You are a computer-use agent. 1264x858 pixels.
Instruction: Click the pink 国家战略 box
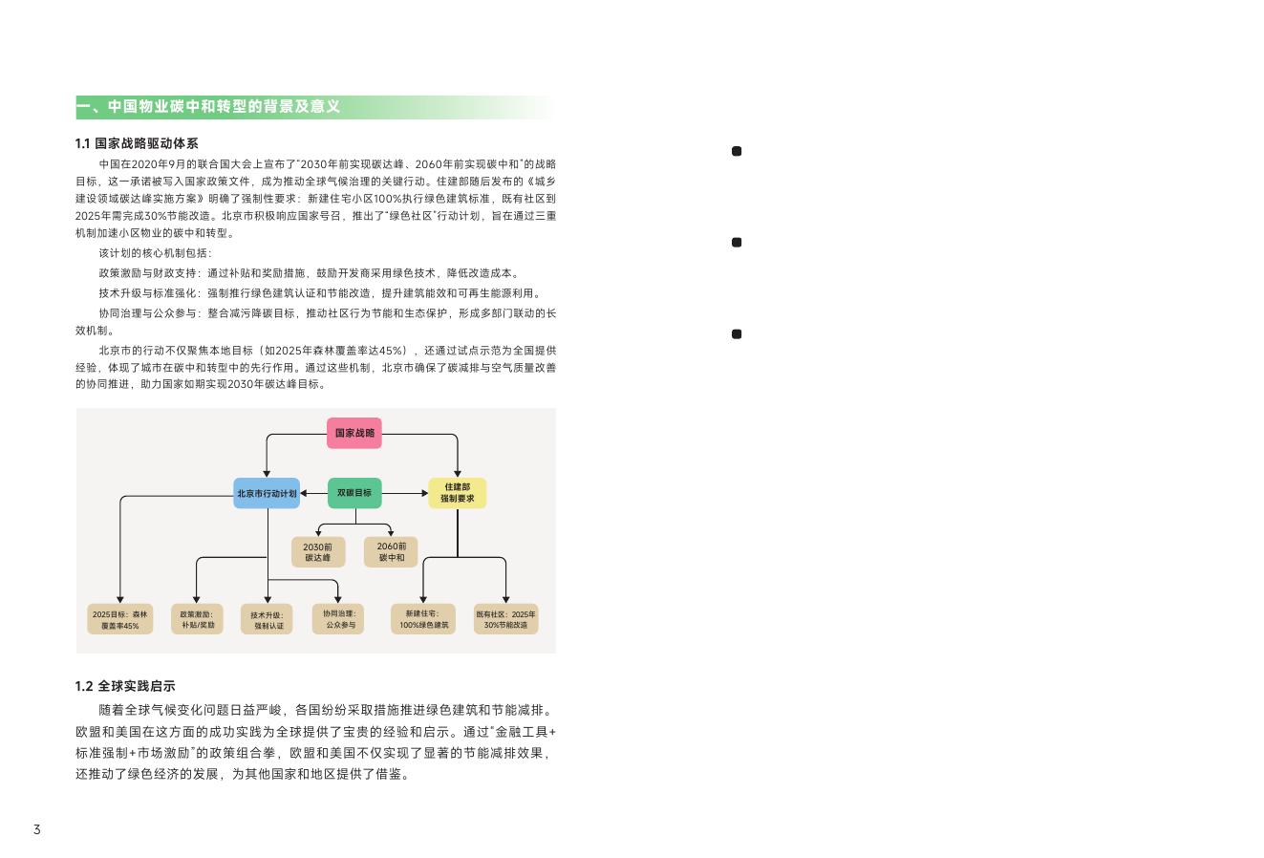click(353, 433)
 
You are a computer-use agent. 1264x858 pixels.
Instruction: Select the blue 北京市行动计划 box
click(267, 493)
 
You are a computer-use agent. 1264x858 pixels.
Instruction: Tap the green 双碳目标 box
click(354, 493)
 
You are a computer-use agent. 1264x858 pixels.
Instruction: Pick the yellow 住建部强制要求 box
click(457, 493)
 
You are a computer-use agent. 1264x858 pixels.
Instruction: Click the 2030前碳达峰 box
click(318, 551)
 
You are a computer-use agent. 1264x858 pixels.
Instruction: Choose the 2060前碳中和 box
click(391, 551)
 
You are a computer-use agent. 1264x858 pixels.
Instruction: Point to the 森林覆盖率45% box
click(120, 619)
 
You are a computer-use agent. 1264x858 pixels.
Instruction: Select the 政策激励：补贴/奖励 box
click(197, 619)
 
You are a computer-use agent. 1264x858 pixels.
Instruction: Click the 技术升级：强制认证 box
click(268, 620)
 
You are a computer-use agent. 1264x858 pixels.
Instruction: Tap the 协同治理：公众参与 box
click(339, 619)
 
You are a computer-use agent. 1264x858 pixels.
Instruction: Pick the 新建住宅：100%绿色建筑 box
click(423, 619)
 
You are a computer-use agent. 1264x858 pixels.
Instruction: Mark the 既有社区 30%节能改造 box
click(505, 619)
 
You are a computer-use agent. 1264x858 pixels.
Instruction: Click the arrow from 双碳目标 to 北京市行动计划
click(313, 493)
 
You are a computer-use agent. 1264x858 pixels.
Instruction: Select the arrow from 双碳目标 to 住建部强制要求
click(404, 493)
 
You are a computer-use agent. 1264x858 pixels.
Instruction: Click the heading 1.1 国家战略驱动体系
click(137, 143)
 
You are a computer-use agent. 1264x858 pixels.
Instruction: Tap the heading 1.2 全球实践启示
click(125, 686)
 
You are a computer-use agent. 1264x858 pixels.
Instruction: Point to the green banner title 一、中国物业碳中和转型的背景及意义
click(208, 106)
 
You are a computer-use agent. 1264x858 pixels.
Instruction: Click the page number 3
click(37, 829)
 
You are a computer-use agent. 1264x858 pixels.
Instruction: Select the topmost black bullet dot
click(737, 151)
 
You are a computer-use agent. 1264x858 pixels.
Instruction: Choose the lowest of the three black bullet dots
click(737, 333)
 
